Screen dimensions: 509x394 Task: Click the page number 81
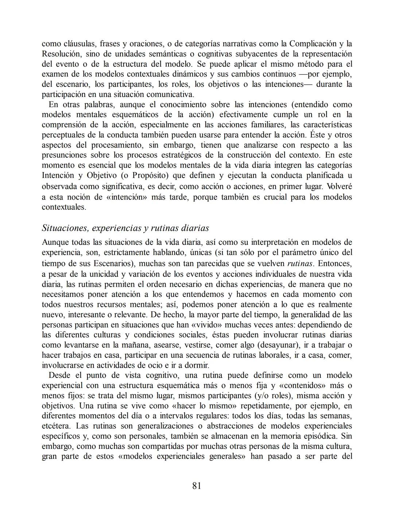pyautogui.click(x=196, y=486)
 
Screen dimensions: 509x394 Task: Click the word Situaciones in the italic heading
pyautogui.click(x=66, y=228)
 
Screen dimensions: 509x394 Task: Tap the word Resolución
pyautogui.click(x=61, y=54)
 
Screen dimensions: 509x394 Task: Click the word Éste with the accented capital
pyautogui.click(x=319, y=135)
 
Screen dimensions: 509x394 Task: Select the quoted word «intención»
pyautogui.click(x=125, y=197)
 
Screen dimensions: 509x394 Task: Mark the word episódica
pyautogui.click(x=322, y=436)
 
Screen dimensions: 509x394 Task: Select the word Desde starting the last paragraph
pyautogui.click(x=59, y=375)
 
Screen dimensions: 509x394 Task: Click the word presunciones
pyautogui.click(x=64, y=155)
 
